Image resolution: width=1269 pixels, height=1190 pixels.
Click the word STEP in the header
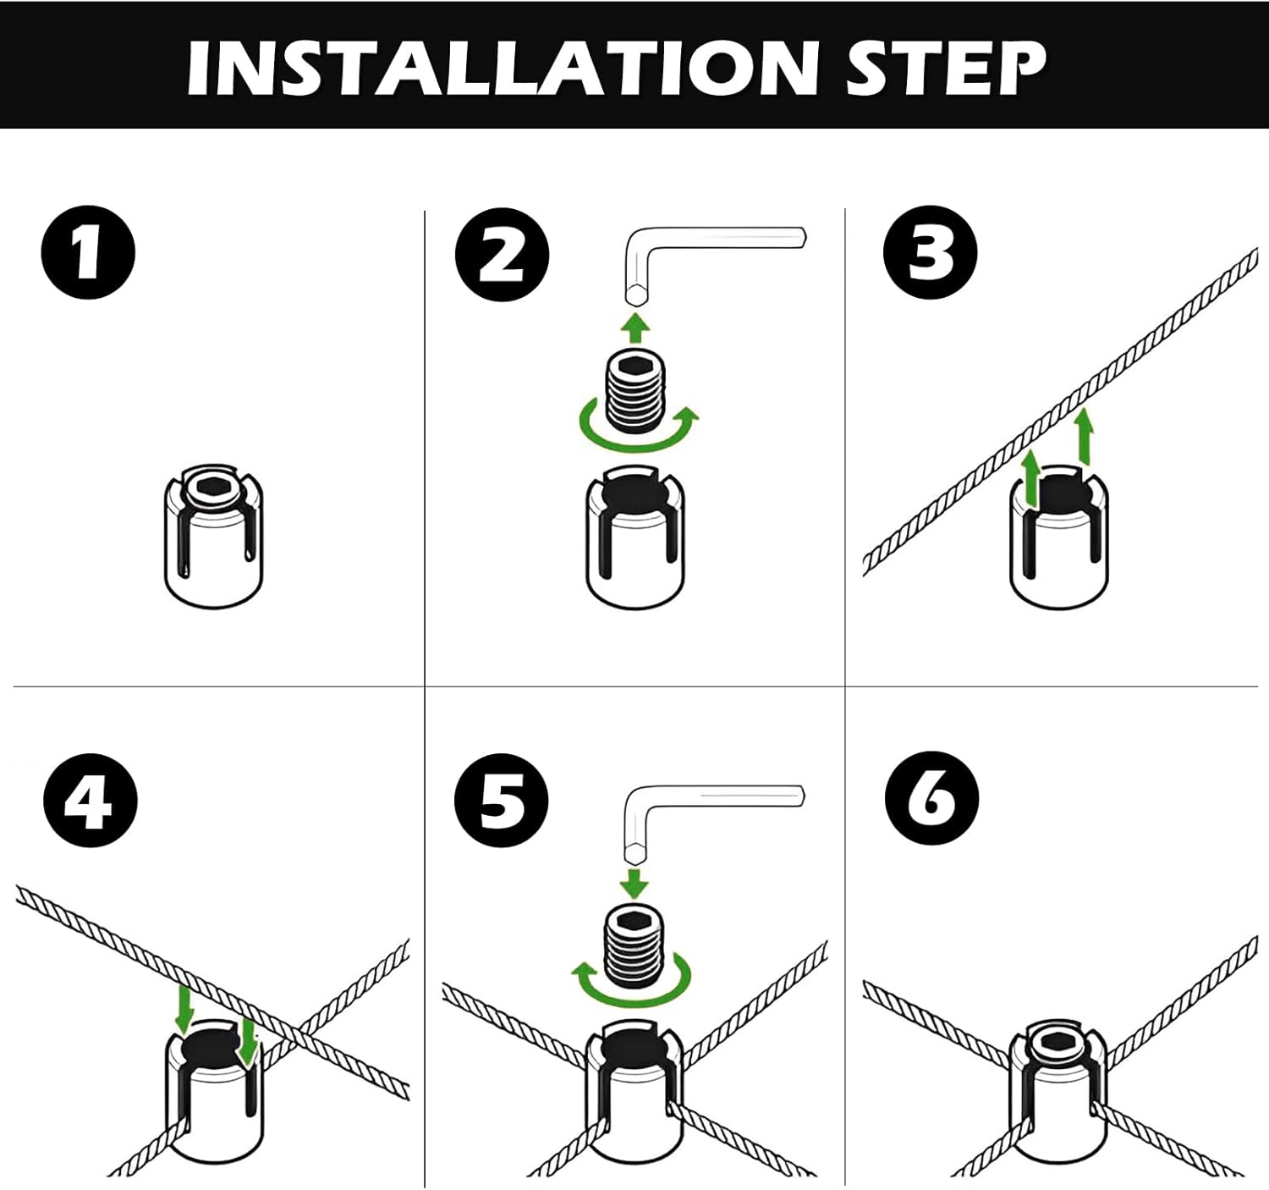pos(945,68)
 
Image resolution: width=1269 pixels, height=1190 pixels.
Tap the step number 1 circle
pos(88,252)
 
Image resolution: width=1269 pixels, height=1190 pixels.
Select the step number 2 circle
pos(502,254)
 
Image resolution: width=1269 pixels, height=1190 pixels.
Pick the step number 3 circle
pos(930,252)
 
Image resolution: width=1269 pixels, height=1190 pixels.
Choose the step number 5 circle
pos(502,800)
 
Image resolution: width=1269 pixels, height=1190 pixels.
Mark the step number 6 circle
pos(931,798)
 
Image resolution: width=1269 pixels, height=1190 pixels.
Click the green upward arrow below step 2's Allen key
pos(636,327)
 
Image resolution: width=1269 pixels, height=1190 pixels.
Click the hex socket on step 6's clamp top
pos(1057,1042)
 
